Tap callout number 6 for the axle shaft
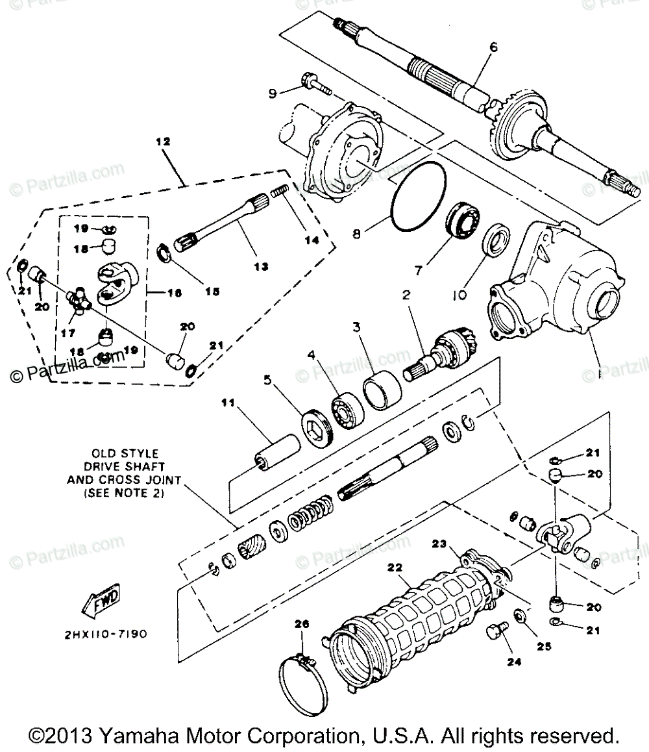point(493,47)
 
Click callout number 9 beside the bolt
point(273,94)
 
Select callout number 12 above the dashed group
point(162,140)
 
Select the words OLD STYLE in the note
point(125,453)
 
